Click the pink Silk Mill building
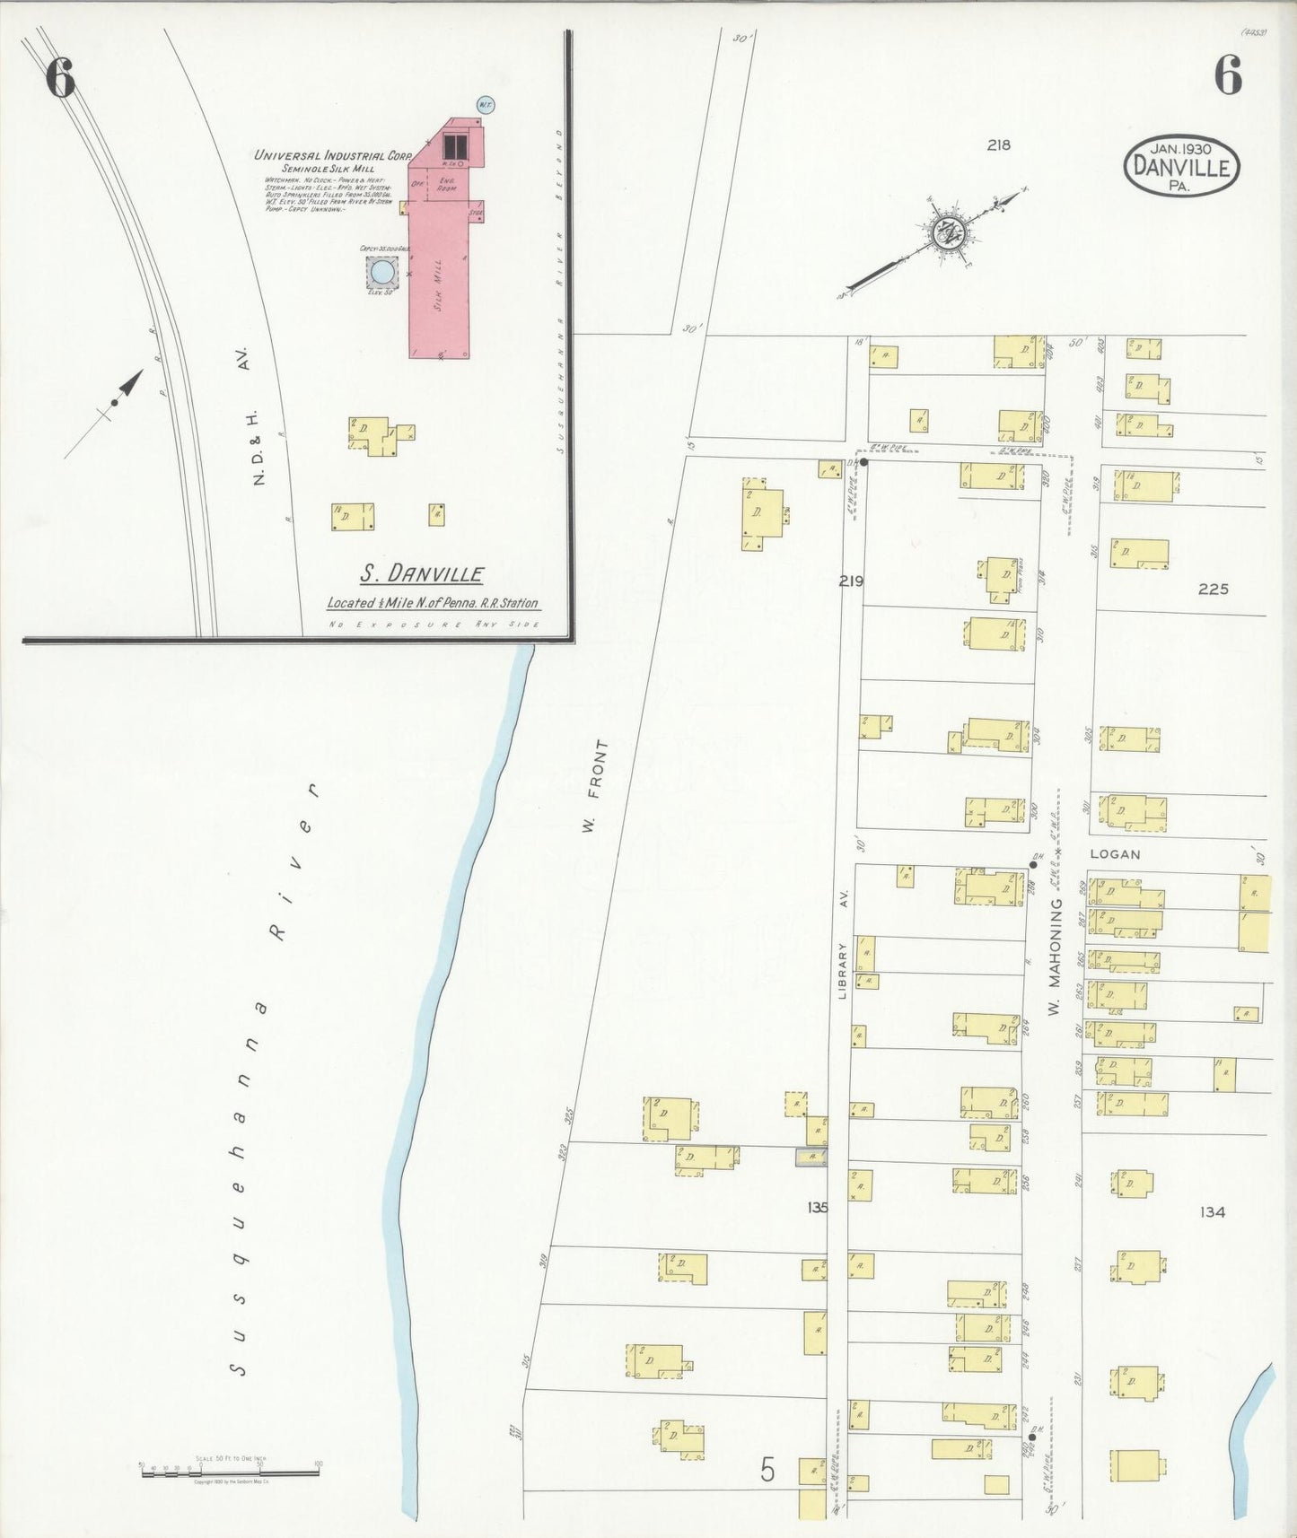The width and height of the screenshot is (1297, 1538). (440, 278)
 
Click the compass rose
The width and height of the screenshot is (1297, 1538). (945, 234)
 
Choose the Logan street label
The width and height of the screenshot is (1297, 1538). (1115, 854)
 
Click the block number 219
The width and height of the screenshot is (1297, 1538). (851, 581)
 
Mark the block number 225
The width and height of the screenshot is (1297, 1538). (1213, 589)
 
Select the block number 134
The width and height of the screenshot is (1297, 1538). (1212, 1211)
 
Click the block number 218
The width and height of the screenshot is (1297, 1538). (998, 144)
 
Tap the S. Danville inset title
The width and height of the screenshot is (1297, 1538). (422, 573)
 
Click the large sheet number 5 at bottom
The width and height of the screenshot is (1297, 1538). (767, 1468)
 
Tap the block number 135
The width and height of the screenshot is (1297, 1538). (817, 1207)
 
